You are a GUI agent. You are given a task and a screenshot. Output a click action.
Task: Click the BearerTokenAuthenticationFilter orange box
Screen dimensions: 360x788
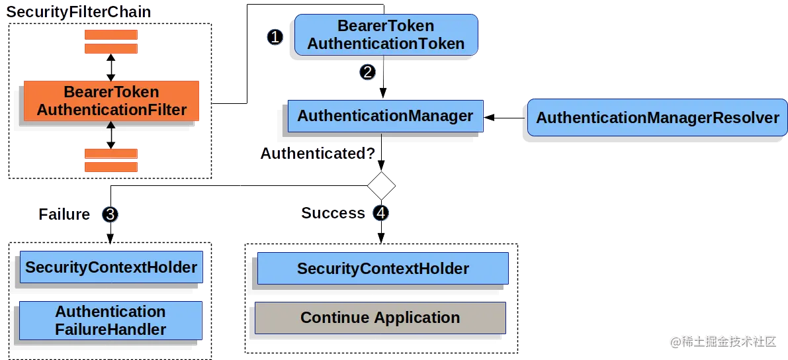pos(111,101)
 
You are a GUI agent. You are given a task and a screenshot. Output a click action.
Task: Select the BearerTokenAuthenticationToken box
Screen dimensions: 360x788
pos(386,35)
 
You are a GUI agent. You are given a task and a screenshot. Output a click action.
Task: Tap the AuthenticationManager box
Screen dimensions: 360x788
pos(385,116)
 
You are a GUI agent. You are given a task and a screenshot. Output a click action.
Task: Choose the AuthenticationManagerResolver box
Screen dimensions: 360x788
pos(657,118)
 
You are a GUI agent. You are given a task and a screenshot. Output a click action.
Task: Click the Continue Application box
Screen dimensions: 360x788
pos(380,318)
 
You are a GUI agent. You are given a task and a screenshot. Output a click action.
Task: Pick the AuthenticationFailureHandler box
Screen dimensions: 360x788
pos(110,320)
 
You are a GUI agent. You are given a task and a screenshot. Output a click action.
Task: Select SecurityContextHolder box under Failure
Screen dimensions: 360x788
pos(110,267)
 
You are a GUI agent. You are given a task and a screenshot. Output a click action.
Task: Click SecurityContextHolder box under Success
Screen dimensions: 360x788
pos(382,269)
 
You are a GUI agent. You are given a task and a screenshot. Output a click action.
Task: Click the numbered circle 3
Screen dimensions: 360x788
pos(110,214)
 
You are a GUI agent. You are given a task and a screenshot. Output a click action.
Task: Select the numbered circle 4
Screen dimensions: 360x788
pos(381,213)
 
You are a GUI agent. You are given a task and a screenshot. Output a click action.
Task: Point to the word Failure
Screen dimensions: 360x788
pos(64,214)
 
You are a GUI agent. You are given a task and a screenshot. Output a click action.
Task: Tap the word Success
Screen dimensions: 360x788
pos(333,213)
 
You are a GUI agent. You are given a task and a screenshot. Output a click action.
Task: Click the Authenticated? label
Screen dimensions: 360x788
pos(318,154)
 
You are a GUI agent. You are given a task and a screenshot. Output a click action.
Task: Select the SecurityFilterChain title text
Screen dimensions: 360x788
pos(79,12)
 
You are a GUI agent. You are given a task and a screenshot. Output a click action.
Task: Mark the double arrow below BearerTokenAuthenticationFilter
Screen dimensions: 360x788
pos(111,135)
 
